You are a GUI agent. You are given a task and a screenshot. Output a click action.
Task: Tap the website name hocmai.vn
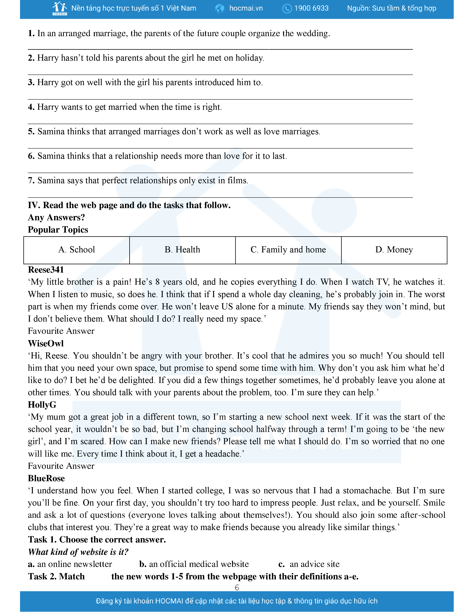pos(246,8)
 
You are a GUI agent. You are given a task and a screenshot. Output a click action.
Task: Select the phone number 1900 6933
pos(311,8)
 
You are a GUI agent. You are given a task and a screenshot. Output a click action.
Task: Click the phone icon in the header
pos(287,9)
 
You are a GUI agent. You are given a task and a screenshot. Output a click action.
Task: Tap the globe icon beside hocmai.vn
pos(219,9)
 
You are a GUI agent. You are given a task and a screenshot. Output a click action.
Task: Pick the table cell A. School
pos(76,250)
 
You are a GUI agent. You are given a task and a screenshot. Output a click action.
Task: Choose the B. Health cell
pos(182,250)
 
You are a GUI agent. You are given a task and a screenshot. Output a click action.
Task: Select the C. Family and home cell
pos(288,250)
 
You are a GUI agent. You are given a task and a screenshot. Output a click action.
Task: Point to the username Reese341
pos(46,270)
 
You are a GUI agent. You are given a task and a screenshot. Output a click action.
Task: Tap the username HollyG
pos(42,405)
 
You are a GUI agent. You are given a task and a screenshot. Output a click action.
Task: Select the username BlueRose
pos(46,478)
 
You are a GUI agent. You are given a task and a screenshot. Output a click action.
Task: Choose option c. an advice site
pos(309,564)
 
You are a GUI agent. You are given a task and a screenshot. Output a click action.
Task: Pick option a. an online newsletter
pos(70,564)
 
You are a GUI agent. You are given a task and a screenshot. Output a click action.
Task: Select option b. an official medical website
pos(194,564)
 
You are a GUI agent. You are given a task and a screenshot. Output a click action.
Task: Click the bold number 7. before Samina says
pos(31,180)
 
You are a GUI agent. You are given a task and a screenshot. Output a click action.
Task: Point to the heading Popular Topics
pos(58,230)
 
